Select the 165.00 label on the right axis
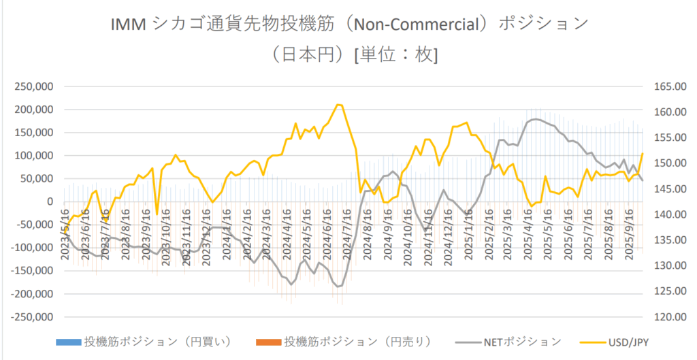pyautogui.click(x=663, y=86)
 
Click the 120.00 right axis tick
pyautogui.click(x=663, y=317)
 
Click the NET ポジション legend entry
pyautogui.click(x=523, y=341)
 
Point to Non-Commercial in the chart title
pyautogui.click(x=422, y=24)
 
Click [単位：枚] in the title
pyautogui.click(x=396, y=54)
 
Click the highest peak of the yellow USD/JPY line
pyautogui.click(x=338, y=105)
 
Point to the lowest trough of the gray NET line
pyautogui.click(x=338, y=287)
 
